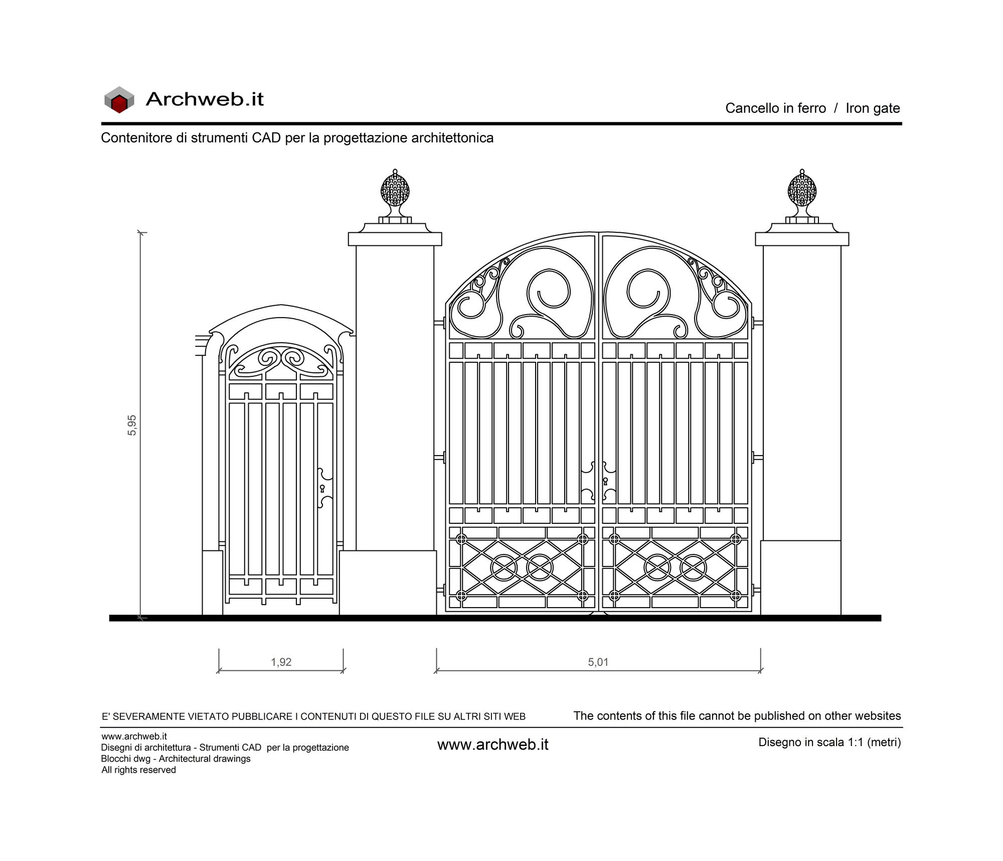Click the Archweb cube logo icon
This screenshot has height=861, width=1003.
(x=119, y=99)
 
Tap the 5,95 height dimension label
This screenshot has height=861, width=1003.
(x=132, y=425)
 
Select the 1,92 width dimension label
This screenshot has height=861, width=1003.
(x=281, y=662)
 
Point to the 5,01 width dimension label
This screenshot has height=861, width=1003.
(x=598, y=662)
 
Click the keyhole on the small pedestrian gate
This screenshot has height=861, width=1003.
(x=322, y=488)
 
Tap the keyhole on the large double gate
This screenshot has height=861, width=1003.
(x=605, y=481)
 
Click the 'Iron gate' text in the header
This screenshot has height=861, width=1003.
(x=873, y=108)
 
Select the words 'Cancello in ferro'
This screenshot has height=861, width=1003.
(x=775, y=108)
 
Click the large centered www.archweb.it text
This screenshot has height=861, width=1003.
(x=493, y=745)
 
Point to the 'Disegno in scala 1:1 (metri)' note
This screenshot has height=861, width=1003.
(x=829, y=742)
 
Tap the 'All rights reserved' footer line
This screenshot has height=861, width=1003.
(x=138, y=770)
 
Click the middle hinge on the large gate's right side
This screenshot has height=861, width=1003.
(x=757, y=457)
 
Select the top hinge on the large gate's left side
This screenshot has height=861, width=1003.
(x=440, y=323)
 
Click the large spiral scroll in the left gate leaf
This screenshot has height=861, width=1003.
(x=548, y=292)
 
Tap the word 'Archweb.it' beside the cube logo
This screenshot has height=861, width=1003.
(x=205, y=99)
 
